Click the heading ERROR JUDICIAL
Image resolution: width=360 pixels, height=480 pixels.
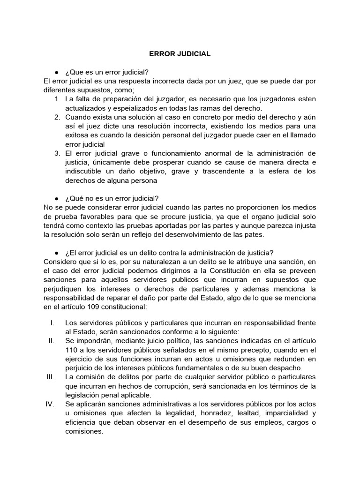pyautogui.click(x=180, y=54)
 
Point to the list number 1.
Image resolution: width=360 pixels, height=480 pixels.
pyautogui.click(x=57, y=99)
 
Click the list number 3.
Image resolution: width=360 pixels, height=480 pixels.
pyautogui.click(x=57, y=153)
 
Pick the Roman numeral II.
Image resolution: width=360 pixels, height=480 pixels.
pyautogui.click(x=52, y=340)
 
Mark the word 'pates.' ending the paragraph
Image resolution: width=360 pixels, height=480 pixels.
pyautogui.click(x=255, y=234)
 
